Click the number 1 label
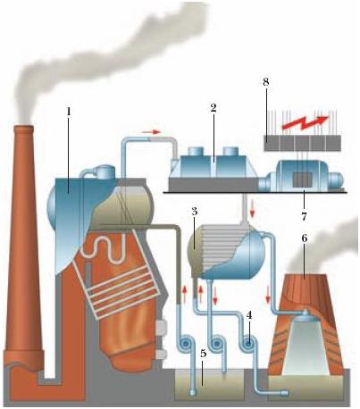point(69,112)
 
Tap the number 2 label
point(213,108)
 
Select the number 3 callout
point(195,212)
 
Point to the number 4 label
point(249,315)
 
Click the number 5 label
point(204,354)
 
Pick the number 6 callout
point(304,238)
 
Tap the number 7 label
point(304,216)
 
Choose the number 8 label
point(266,82)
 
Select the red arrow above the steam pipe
point(151,131)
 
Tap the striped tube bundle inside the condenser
point(222,245)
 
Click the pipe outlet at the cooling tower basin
point(284,393)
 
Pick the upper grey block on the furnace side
point(161,329)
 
